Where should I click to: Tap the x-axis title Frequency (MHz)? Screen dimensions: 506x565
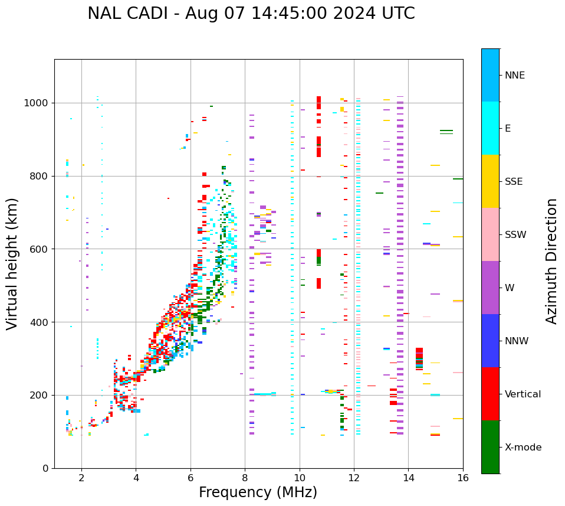pyautogui.click(x=258, y=492)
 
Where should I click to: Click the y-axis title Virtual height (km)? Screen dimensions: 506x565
pyautogui.click(x=12, y=263)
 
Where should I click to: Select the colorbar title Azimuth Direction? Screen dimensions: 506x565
pyautogui.click(x=551, y=261)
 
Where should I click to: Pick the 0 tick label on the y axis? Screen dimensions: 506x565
pyautogui.click(x=45, y=468)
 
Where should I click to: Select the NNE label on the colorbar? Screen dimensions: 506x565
pyautogui.click(x=514, y=75)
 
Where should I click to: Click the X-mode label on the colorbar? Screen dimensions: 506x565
pyautogui.click(x=523, y=447)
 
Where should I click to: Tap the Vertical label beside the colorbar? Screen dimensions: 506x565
pyautogui.click(x=523, y=394)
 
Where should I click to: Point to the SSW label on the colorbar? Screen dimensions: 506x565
pyautogui.click(x=515, y=234)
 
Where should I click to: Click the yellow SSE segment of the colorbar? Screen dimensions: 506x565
pyautogui.click(x=490, y=181)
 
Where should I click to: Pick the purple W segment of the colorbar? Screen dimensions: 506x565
pyautogui.click(x=490, y=288)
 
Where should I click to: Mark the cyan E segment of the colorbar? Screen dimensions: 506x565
pyautogui.click(x=490, y=128)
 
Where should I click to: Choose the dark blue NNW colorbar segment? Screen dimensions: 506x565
pyautogui.click(x=490, y=341)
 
